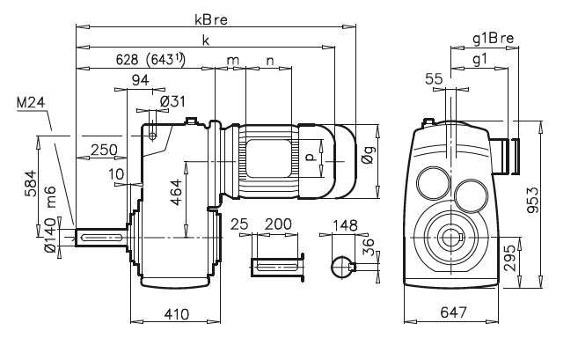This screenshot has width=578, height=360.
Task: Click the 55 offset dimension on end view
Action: (433, 78)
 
